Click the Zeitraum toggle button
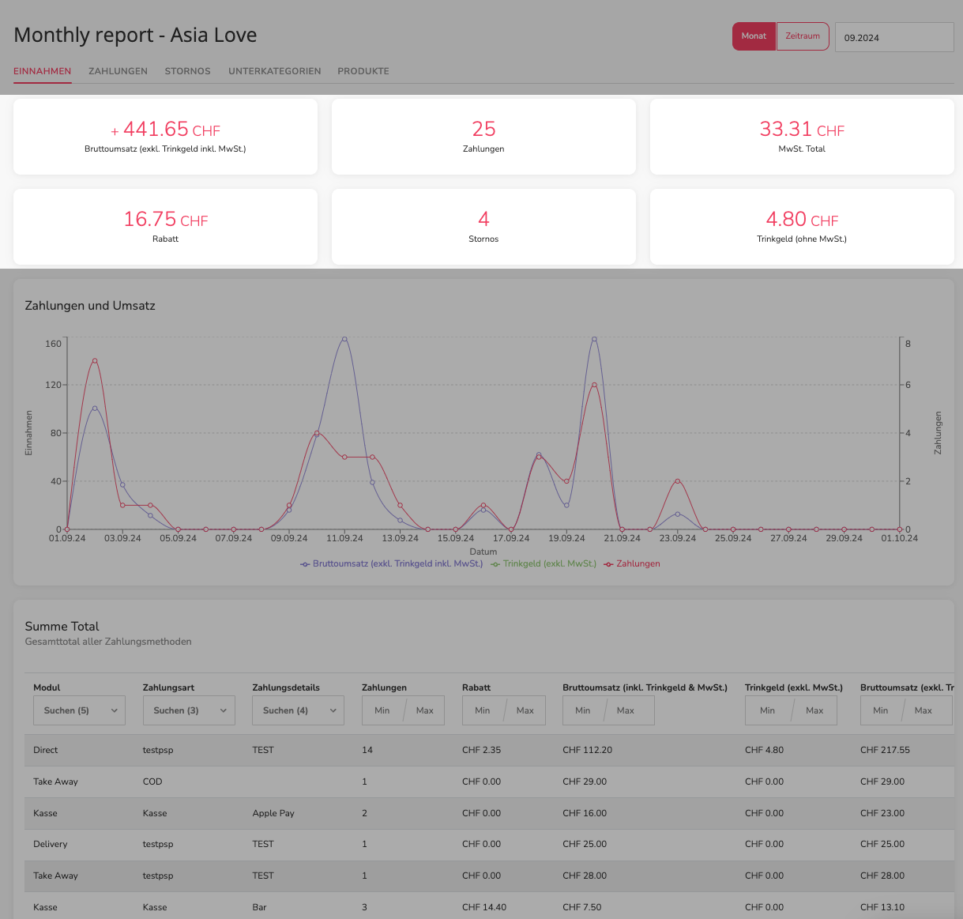click(803, 36)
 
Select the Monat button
click(754, 36)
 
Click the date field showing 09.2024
click(894, 37)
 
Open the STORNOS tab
click(187, 71)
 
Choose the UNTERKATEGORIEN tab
click(274, 71)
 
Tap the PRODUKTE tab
click(363, 71)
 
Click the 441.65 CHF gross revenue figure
click(166, 130)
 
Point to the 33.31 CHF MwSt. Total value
click(802, 130)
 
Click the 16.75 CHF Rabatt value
click(166, 219)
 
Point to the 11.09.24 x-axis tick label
click(344, 538)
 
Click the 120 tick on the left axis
click(54, 385)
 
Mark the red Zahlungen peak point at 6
click(594, 385)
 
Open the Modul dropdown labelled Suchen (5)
click(79, 710)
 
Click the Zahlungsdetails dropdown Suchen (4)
click(298, 710)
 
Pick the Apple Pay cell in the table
click(273, 813)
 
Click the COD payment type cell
click(152, 782)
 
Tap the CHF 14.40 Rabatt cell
click(484, 907)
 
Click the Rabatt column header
click(476, 687)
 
